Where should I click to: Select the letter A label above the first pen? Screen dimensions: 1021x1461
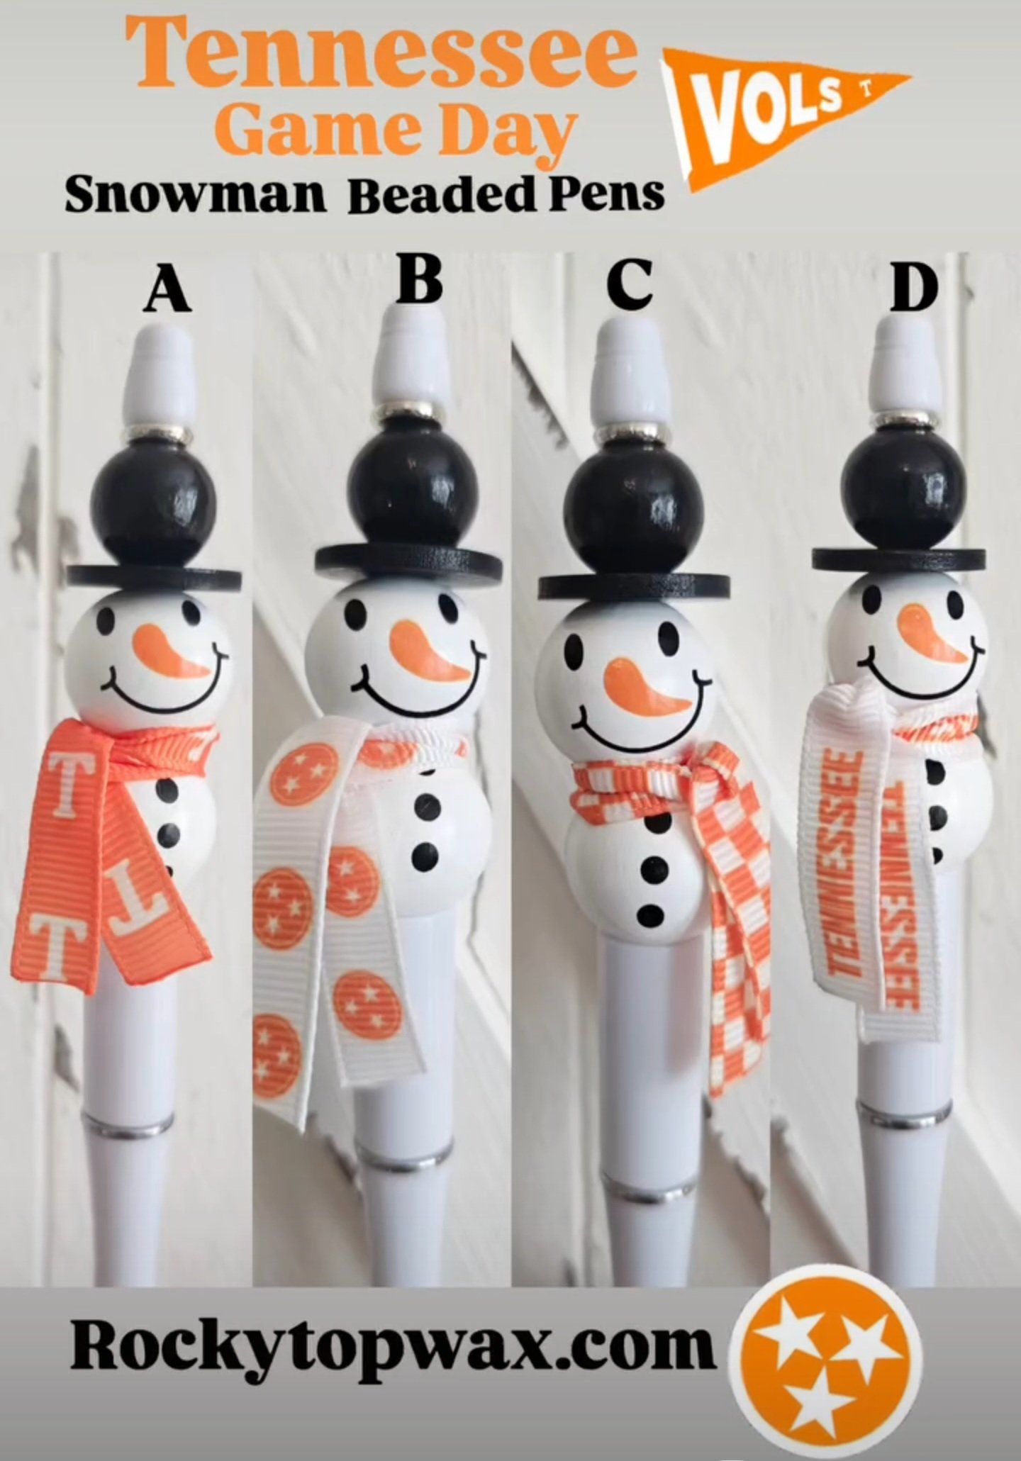167,292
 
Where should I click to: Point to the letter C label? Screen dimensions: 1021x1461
629,284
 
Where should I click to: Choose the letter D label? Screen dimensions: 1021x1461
914,289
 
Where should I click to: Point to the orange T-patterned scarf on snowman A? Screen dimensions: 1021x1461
113,851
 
